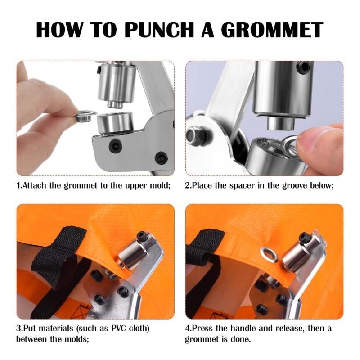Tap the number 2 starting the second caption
pos(188,186)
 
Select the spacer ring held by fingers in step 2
pos(290,145)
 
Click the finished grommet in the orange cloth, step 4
pos(269,255)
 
